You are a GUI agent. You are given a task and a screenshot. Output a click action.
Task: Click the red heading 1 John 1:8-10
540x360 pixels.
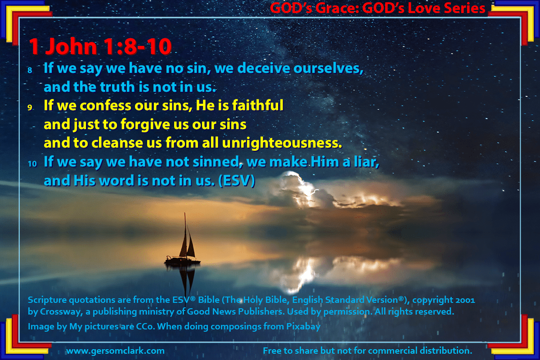(100, 46)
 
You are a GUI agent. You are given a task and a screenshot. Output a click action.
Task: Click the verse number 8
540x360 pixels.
(30, 70)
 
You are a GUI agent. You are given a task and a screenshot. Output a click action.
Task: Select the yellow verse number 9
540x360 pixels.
(30, 107)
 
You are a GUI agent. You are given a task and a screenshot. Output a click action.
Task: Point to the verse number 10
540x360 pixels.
(32, 164)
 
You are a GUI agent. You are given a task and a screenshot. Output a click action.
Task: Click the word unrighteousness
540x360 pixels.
(282, 143)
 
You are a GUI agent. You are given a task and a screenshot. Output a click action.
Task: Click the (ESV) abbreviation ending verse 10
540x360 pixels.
(237, 180)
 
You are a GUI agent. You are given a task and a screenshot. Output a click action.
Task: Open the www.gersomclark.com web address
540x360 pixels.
(116, 351)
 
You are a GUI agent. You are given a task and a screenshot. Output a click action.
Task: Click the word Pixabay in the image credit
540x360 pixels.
(303, 327)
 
